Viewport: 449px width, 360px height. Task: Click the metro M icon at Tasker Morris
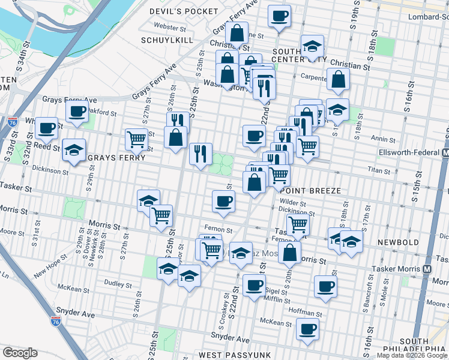(x=427, y=269)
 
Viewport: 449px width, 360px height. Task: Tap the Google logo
(x=20, y=353)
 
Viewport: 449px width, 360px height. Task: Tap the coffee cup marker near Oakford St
(x=77, y=112)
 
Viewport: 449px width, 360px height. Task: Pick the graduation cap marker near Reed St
(x=74, y=149)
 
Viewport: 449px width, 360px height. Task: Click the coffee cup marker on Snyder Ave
(x=307, y=329)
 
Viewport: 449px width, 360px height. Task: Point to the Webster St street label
(x=166, y=26)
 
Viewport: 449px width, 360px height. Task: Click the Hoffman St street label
(x=306, y=312)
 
